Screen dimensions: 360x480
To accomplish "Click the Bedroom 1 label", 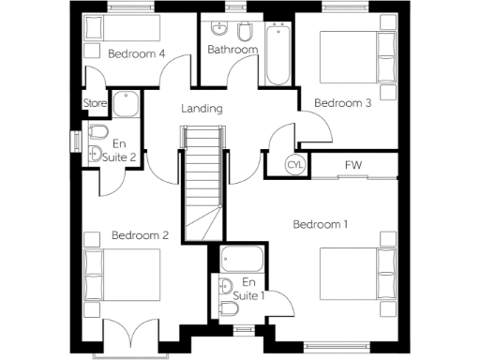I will [x=321, y=224].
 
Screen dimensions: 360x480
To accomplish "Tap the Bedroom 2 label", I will [x=140, y=235].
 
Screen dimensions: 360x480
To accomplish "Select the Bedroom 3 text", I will [x=342, y=103].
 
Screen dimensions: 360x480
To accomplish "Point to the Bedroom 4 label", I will [x=137, y=53].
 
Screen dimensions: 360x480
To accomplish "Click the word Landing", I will [x=202, y=109].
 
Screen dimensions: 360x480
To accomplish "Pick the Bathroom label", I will [x=232, y=50].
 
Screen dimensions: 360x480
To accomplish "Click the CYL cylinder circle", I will [x=294, y=165].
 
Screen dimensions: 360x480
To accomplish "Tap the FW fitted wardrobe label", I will [x=353, y=165].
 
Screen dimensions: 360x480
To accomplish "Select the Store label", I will [x=94, y=103].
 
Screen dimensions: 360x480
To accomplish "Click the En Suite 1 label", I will [x=248, y=289].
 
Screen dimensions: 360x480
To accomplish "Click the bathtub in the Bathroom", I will [x=278, y=54].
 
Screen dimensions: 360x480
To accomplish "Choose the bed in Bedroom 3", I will [x=357, y=57].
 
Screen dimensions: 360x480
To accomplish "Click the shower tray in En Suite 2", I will [x=124, y=103].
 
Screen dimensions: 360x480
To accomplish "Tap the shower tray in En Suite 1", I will [x=244, y=257].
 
